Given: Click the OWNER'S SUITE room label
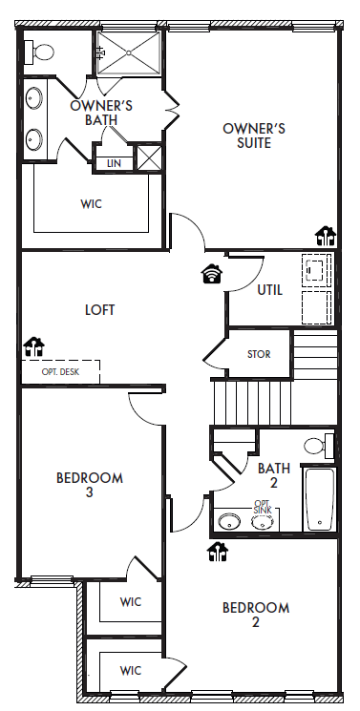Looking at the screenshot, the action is coord(254,136).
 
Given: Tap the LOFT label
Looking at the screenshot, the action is coord(100,310).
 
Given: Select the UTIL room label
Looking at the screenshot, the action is coord(269,290).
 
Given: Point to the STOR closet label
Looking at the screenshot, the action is coord(259,354).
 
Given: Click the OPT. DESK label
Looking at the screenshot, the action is coord(60,372).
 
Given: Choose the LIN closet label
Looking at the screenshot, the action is coord(114,163).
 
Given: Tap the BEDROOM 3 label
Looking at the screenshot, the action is coord(90,485).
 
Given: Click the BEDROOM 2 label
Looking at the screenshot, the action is coord(256,615).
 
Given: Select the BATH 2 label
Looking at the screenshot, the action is coord(274,474).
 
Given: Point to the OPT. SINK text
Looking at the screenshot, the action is coord(262,507).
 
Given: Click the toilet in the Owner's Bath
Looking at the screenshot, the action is coord(39,52).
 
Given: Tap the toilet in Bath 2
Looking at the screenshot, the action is coord(319,446).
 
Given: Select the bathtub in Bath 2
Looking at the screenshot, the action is coord(320,499).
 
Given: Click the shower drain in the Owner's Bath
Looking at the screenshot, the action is coord(129,53).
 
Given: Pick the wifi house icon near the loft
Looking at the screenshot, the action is coord(212,274).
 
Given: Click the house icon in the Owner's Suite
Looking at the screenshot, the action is coord(326,236).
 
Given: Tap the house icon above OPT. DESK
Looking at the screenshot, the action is coord(34,346).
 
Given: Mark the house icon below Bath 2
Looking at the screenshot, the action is coord(218,552).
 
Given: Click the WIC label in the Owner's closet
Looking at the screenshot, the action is coord(92,204).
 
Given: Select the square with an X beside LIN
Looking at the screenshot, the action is coord(149,157).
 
